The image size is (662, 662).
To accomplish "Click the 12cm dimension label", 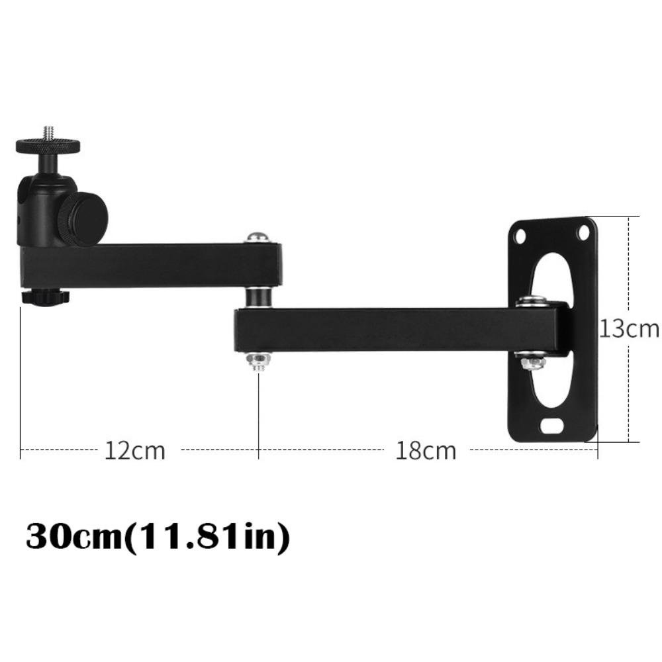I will click(134, 451).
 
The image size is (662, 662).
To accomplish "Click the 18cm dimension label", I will click(426, 451).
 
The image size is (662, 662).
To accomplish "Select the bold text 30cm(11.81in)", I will click(158, 538).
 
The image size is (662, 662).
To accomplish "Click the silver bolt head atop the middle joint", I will click(258, 236).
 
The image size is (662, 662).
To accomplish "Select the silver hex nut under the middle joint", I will click(258, 360).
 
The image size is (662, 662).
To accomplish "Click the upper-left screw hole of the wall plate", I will click(521, 235).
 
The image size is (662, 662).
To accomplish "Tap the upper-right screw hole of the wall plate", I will click(583, 232).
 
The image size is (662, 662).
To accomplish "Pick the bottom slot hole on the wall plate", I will click(551, 426).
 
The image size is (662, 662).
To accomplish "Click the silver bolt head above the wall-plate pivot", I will click(532, 302).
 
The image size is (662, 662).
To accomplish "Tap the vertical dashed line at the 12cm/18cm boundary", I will click(258, 410).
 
